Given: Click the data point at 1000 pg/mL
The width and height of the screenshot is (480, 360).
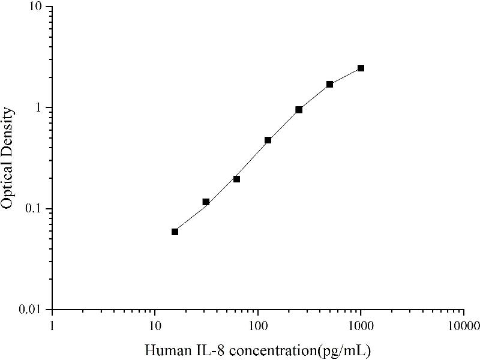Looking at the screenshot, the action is (361, 68).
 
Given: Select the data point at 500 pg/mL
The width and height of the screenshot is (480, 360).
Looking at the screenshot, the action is (329, 84).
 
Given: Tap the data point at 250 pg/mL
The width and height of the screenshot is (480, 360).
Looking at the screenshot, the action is (299, 110).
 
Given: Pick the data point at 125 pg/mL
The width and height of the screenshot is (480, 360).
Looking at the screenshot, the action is (268, 140).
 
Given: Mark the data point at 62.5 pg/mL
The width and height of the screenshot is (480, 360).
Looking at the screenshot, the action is (236, 179).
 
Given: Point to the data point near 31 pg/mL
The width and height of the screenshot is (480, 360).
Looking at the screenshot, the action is (206, 202).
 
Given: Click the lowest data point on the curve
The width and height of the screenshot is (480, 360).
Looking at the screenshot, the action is (175, 232).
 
